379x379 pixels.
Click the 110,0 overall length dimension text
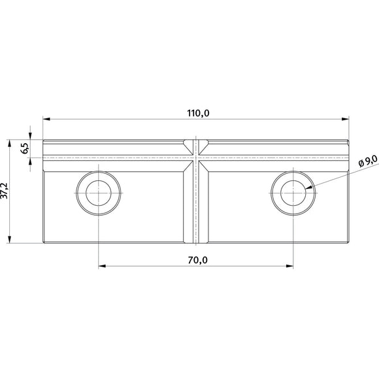[x=197, y=112]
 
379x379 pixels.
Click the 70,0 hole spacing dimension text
[x=197, y=260]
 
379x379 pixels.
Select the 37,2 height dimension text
[x=5, y=191]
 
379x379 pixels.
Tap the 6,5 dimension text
[x=25, y=148]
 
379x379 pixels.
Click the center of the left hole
[x=98, y=191]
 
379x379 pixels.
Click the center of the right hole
[x=293, y=191]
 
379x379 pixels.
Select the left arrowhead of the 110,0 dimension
[x=46, y=119]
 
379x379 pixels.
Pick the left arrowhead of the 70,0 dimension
[x=101, y=266]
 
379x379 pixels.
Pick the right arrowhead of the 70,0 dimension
[x=290, y=266]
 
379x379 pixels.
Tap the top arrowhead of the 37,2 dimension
[x=11, y=142]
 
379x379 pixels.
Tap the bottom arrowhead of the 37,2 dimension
[x=11, y=240]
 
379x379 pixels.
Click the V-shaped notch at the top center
[x=195, y=143]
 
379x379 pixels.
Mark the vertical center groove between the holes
[x=195, y=203]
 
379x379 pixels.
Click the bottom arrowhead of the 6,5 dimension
[x=31, y=161]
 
